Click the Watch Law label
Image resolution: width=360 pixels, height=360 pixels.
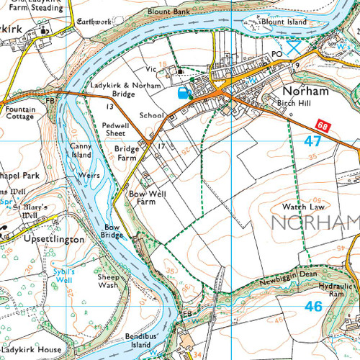[297, 206]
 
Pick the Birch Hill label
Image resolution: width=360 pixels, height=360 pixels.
[294, 104]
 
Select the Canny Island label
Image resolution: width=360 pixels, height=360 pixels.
[81, 150]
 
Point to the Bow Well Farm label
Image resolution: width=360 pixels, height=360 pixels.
[142, 198]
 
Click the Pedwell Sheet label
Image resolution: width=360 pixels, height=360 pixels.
[115, 128]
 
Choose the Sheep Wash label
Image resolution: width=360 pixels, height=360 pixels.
[108, 281]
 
